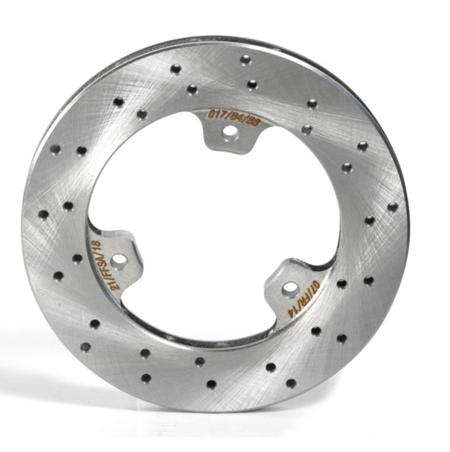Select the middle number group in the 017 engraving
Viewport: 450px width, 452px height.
pos(236,116)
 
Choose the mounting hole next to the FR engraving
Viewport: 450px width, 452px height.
pos(290,289)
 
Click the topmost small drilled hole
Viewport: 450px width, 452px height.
pos(245,60)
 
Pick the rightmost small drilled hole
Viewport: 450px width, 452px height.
pos(392,207)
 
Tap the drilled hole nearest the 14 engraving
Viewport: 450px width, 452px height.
pos(316,331)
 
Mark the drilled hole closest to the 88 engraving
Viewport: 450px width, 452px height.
pos(252,84)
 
